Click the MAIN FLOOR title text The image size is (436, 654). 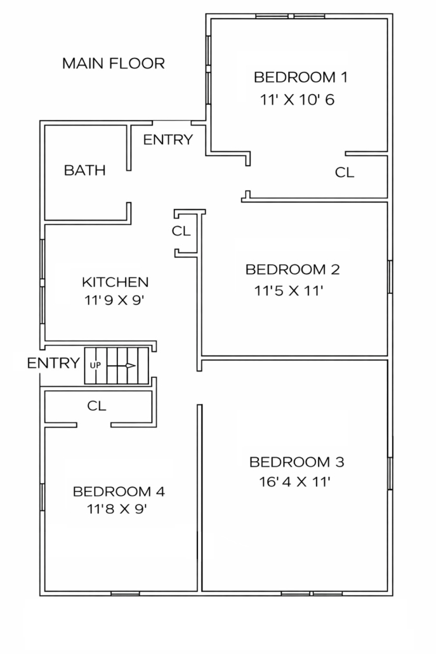click(x=114, y=63)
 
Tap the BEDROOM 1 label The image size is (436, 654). click(x=301, y=77)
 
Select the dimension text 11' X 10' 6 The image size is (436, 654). click(x=297, y=100)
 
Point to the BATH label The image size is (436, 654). click(x=84, y=170)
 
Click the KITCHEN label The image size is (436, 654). click(x=115, y=282)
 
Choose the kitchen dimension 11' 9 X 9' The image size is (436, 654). click(x=114, y=300)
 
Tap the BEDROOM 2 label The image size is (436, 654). click(x=293, y=269)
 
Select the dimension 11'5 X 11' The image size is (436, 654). click(x=289, y=290)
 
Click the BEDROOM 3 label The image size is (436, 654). click(x=297, y=462)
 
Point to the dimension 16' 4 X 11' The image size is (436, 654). click(x=294, y=482)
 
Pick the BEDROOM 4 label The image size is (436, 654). click(x=119, y=491)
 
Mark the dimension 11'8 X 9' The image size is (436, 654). click(x=117, y=509)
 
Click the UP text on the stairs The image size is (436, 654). click(x=95, y=365)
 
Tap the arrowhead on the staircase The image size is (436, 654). click(x=131, y=366)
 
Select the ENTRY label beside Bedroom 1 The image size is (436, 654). click(x=168, y=140)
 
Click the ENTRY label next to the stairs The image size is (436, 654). click(x=53, y=363)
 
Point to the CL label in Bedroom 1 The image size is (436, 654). click(x=345, y=172)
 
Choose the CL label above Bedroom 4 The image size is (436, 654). click(x=96, y=406)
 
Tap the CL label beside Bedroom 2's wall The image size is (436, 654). click(x=181, y=230)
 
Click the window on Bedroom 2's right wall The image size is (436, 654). click(x=390, y=277)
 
